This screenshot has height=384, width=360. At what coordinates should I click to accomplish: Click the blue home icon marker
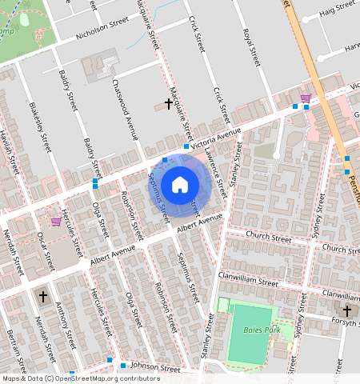(180, 185)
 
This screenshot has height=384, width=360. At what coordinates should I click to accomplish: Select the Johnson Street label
(155, 369)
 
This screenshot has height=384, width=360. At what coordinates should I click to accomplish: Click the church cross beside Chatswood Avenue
(168, 104)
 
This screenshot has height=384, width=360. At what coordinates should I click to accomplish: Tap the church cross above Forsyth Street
(347, 310)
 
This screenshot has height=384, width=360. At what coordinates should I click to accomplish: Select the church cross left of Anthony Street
(42, 296)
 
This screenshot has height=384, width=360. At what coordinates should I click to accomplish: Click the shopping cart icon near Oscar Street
(55, 221)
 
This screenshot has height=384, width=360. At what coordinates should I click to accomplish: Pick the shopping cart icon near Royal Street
(305, 98)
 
